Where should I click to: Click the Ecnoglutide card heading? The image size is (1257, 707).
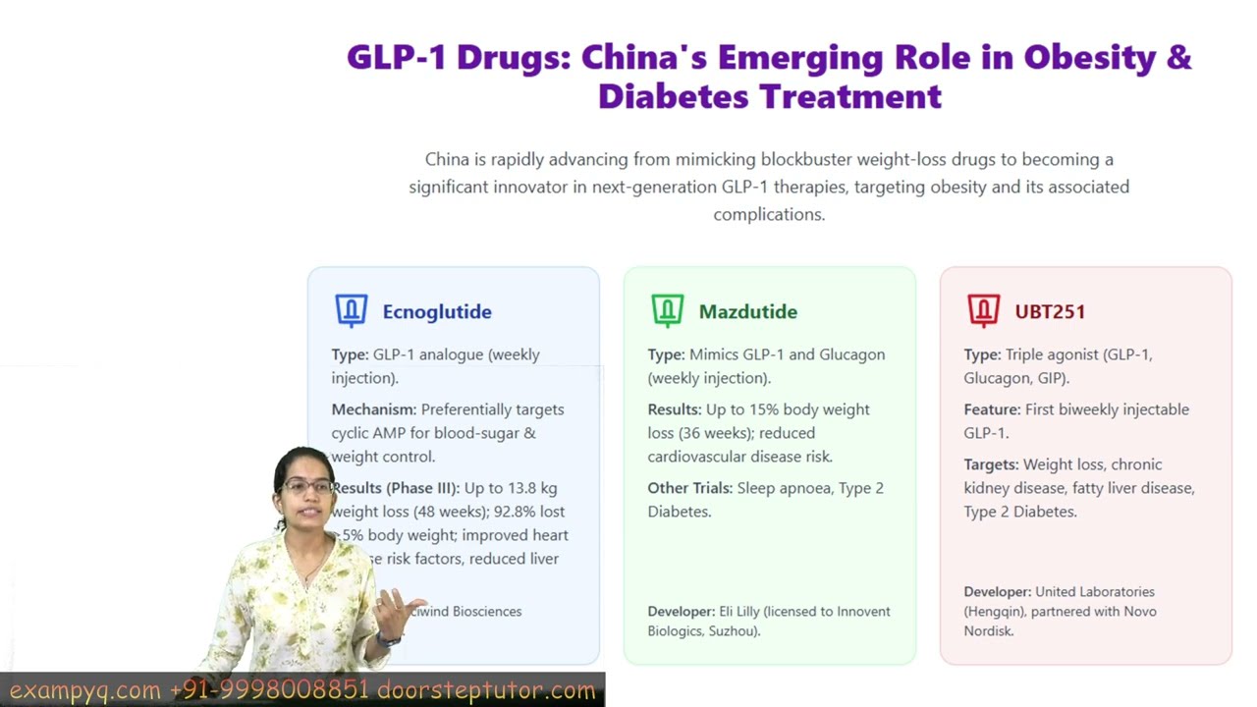(x=437, y=312)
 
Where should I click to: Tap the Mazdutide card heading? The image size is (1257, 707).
(x=747, y=312)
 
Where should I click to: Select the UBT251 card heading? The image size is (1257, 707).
(x=1050, y=312)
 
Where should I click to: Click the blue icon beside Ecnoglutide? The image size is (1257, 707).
(x=352, y=310)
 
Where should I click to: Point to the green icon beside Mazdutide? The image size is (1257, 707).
(x=668, y=310)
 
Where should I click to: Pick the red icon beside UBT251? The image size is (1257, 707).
(x=983, y=310)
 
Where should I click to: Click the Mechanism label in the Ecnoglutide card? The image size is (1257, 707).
(x=373, y=409)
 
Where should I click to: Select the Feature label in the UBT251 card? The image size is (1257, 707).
(x=992, y=409)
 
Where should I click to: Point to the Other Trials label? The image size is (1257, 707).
(x=689, y=488)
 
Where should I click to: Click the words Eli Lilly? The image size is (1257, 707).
(x=738, y=612)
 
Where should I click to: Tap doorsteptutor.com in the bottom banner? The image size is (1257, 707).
(x=486, y=690)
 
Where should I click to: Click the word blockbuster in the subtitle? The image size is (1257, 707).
(x=806, y=159)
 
